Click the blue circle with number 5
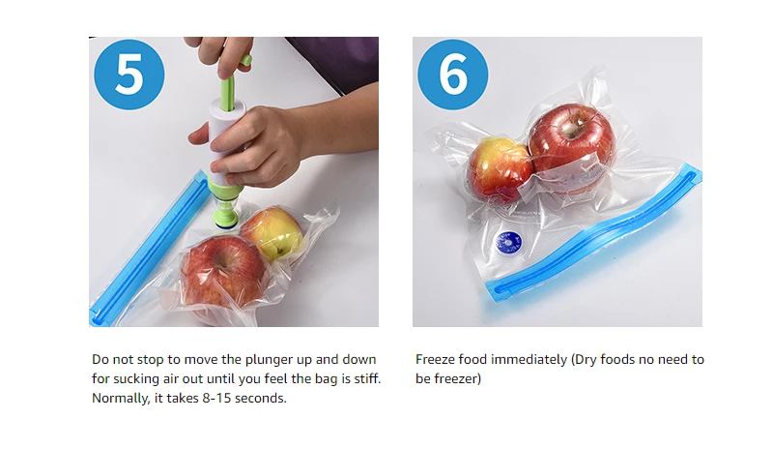tap(129, 75)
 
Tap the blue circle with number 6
tap(453, 75)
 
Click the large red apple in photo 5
tap(224, 275)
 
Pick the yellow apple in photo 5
tap(272, 233)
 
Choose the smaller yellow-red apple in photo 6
tap(500, 169)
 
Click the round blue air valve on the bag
tap(509, 243)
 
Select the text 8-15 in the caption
tap(216, 398)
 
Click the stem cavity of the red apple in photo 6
tap(573, 126)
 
